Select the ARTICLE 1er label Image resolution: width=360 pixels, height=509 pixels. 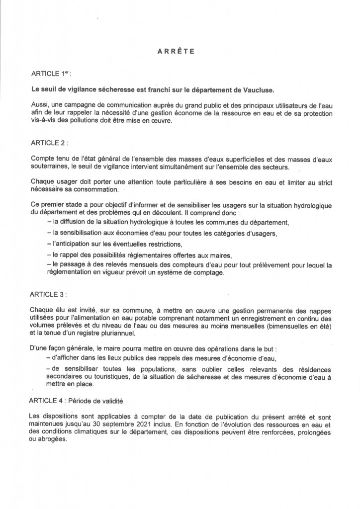coord(51,74)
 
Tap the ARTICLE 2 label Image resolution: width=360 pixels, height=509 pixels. coord(49,143)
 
